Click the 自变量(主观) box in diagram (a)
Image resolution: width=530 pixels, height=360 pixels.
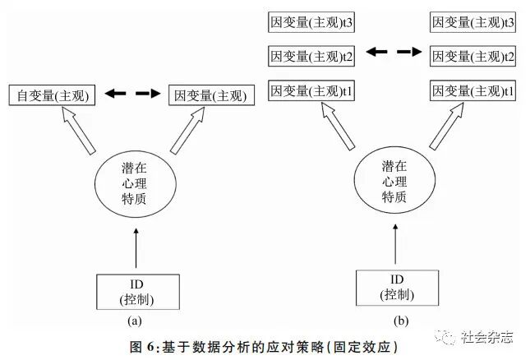(53, 95)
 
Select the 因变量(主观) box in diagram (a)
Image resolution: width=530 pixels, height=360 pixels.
(210, 95)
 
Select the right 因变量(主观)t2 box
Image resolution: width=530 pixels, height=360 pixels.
(472, 56)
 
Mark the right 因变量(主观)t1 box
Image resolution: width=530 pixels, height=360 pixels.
(472, 90)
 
